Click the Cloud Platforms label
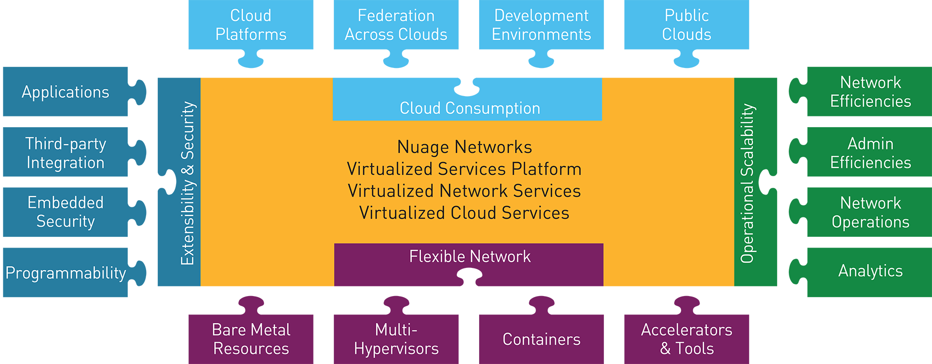(x=250, y=25)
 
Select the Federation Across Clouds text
(x=396, y=25)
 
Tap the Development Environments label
(x=541, y=25)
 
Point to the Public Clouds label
(x=686, y=25)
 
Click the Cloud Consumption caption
(x=469, y=108)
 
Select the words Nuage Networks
(x=465, y=147)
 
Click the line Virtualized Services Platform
(x=464, y=169)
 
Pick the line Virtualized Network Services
(x=464, y=191)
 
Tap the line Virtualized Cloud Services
(x=464, y=213)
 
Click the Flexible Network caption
(x=469, y=256)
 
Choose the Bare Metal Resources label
(x=251, y=339)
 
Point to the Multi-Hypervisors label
(x=396, y=339)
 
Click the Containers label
(x=541, y=339)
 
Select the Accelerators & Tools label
(x=686, y=339)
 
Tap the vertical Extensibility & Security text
(x=188, y=183)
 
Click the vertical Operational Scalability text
(x=748, y=183)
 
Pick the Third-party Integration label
(x=66, y=153)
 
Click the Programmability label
(x=66, y=273)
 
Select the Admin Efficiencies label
(x=870, y=153)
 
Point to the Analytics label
(x=870, y=271)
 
